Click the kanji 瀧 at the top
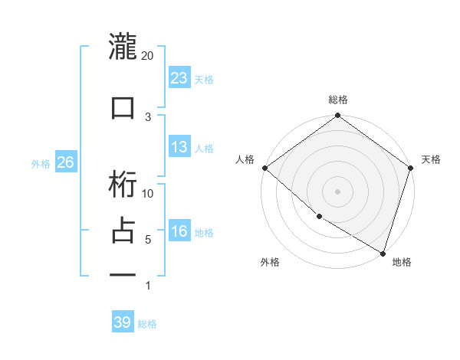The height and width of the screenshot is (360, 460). pos(123,47)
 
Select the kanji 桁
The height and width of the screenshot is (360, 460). pos(123,185)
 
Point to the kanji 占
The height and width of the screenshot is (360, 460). pos(123,231)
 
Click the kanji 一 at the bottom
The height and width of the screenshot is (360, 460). pos(123,273)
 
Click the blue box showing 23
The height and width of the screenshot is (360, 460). pos(179,77)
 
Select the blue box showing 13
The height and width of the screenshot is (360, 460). pos(179,147)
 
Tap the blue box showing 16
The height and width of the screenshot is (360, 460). pos(179,231)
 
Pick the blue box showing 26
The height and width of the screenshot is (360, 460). pos(65,162)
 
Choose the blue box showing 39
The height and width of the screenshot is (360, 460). pos(123,322)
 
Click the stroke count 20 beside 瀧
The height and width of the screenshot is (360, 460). pos(147,56)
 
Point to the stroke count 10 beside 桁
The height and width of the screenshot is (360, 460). pos(149,194)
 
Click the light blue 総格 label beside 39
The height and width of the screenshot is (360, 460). pos(148,324)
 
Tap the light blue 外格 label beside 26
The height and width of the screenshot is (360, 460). pos(41,163)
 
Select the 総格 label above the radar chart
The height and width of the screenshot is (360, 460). pos(338,100)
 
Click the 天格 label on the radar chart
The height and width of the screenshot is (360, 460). pos(431,159)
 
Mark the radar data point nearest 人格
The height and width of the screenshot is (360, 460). pos(264,168)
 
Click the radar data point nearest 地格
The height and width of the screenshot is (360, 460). pos(382,252)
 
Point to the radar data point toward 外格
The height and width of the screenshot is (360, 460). pos(318,217)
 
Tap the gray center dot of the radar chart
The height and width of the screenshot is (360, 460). pos(337,191)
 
